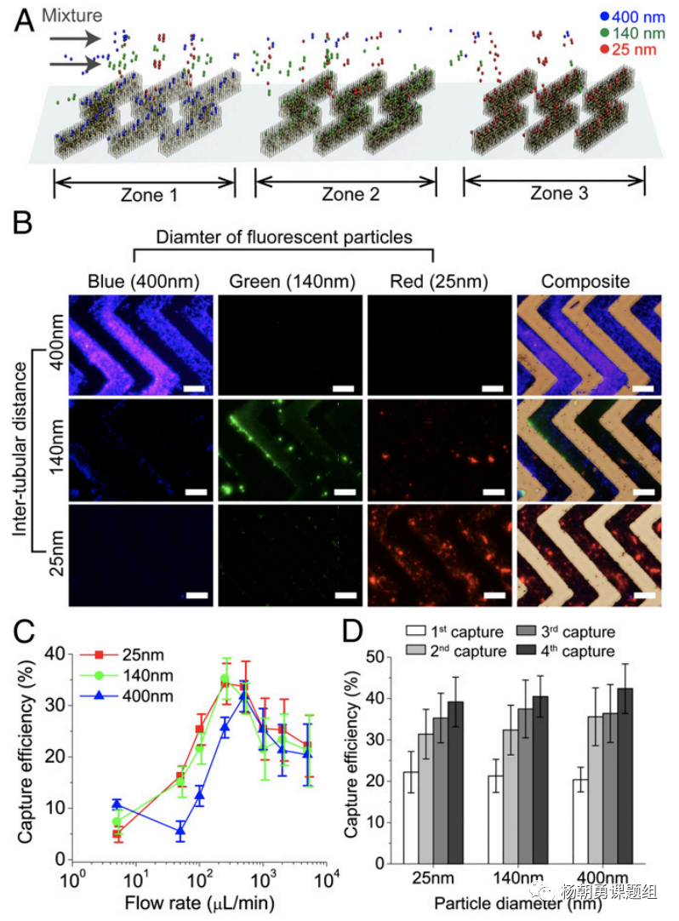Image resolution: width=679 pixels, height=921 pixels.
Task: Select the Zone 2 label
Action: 350,194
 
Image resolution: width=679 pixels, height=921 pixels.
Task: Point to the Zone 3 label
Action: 558,193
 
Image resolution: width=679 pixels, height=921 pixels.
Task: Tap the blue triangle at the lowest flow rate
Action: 117,804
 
